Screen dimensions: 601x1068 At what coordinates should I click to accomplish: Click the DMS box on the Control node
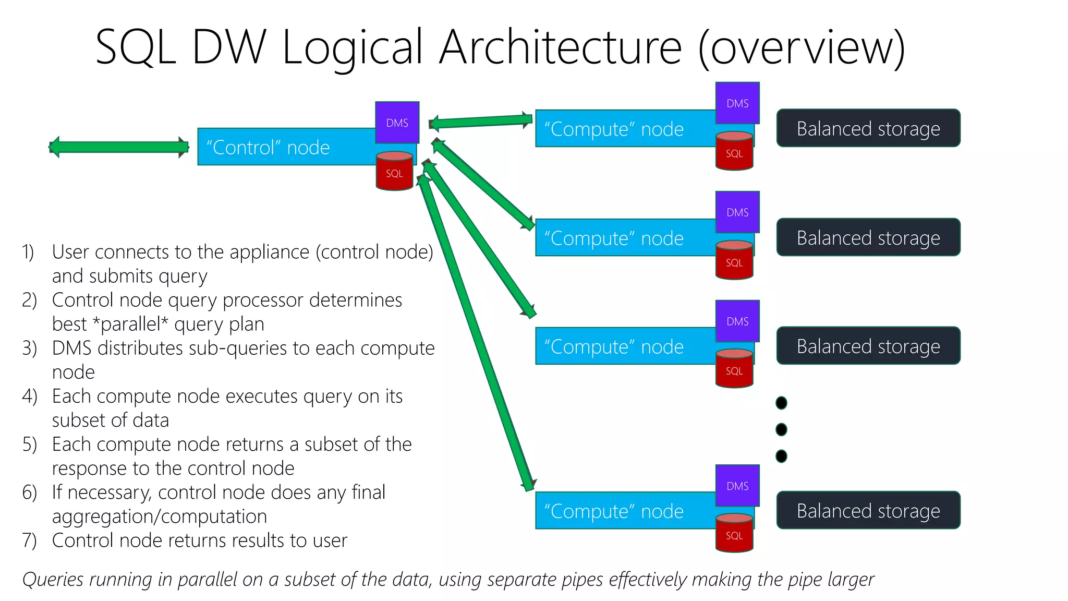click(x=397, y=123)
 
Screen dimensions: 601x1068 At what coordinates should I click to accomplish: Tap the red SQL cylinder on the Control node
click(x=394, y=171)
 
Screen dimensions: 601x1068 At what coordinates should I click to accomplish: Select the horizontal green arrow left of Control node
click(x=119, y=147)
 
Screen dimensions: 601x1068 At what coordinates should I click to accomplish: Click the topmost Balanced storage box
click(x=868, y=128)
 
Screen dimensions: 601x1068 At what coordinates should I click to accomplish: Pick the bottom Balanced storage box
click(x=868, y=511)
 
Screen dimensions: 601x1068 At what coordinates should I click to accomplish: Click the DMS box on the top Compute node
click(x=737, y=103)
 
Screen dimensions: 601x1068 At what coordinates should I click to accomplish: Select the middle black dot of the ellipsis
click(x=781, y=429)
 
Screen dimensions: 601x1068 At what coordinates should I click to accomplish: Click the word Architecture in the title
click(x=560, y=48)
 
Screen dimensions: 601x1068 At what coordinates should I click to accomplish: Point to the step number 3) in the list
click(x=29, y=348)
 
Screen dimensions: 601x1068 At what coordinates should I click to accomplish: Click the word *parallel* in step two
click(x=130, y=324)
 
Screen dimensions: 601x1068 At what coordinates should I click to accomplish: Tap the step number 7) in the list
click(x=29, y=540)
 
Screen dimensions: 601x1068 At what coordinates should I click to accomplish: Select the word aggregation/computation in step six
click(x=160, y=516)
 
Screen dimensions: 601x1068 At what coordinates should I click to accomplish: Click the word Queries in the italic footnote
click(x=53, y=580)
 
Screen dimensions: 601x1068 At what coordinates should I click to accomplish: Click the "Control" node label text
click(x=268, y=148)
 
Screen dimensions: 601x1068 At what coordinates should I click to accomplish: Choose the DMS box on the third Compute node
click(x=737, y=321)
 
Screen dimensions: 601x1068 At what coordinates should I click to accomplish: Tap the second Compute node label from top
click(x=614, y=238)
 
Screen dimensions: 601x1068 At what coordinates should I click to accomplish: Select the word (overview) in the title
click(x=801, y=48)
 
